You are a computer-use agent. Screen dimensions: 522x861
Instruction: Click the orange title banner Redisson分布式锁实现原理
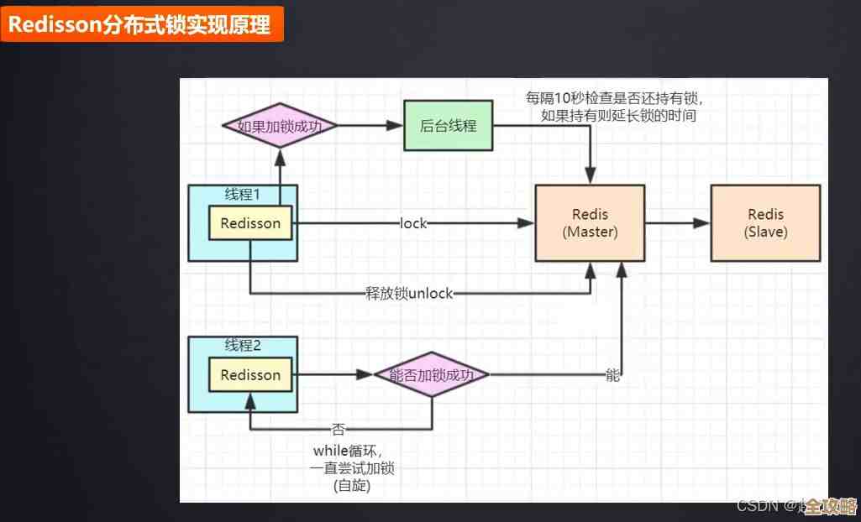(x=140, y=24)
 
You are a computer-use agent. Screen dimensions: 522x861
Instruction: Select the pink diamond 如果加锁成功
(x=281, y=126)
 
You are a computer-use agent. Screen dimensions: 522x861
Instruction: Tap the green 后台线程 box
(x=448, y=126)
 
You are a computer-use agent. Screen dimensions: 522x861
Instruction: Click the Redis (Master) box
(x=590, y=223)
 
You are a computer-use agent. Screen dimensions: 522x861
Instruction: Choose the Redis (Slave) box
(x=765, y=223)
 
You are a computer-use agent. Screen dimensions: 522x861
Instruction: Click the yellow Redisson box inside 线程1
(x=250, y=223)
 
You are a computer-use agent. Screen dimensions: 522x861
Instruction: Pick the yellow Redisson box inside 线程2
(x=250, y=375)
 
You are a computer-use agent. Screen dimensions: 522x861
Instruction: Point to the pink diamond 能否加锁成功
(x=432, y=375)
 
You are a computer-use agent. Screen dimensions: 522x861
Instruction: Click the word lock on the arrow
(x=413, y=223)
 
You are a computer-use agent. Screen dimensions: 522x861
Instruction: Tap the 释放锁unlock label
(x=408, y=294)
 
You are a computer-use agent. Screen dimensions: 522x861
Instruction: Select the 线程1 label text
(x=243, y=194)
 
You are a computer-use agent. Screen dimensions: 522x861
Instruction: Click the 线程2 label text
(x=243, y=345)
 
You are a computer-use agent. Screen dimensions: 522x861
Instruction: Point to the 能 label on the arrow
(x=612, y=375)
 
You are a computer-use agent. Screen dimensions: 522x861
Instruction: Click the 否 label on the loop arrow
(x=338, y=429)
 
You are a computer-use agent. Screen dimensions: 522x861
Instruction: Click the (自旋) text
(x=352, y=485)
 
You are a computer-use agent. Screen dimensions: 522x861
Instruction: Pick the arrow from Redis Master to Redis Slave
(x=677, y=223)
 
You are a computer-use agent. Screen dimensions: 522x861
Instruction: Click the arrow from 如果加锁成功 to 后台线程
(x=370, y=126)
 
